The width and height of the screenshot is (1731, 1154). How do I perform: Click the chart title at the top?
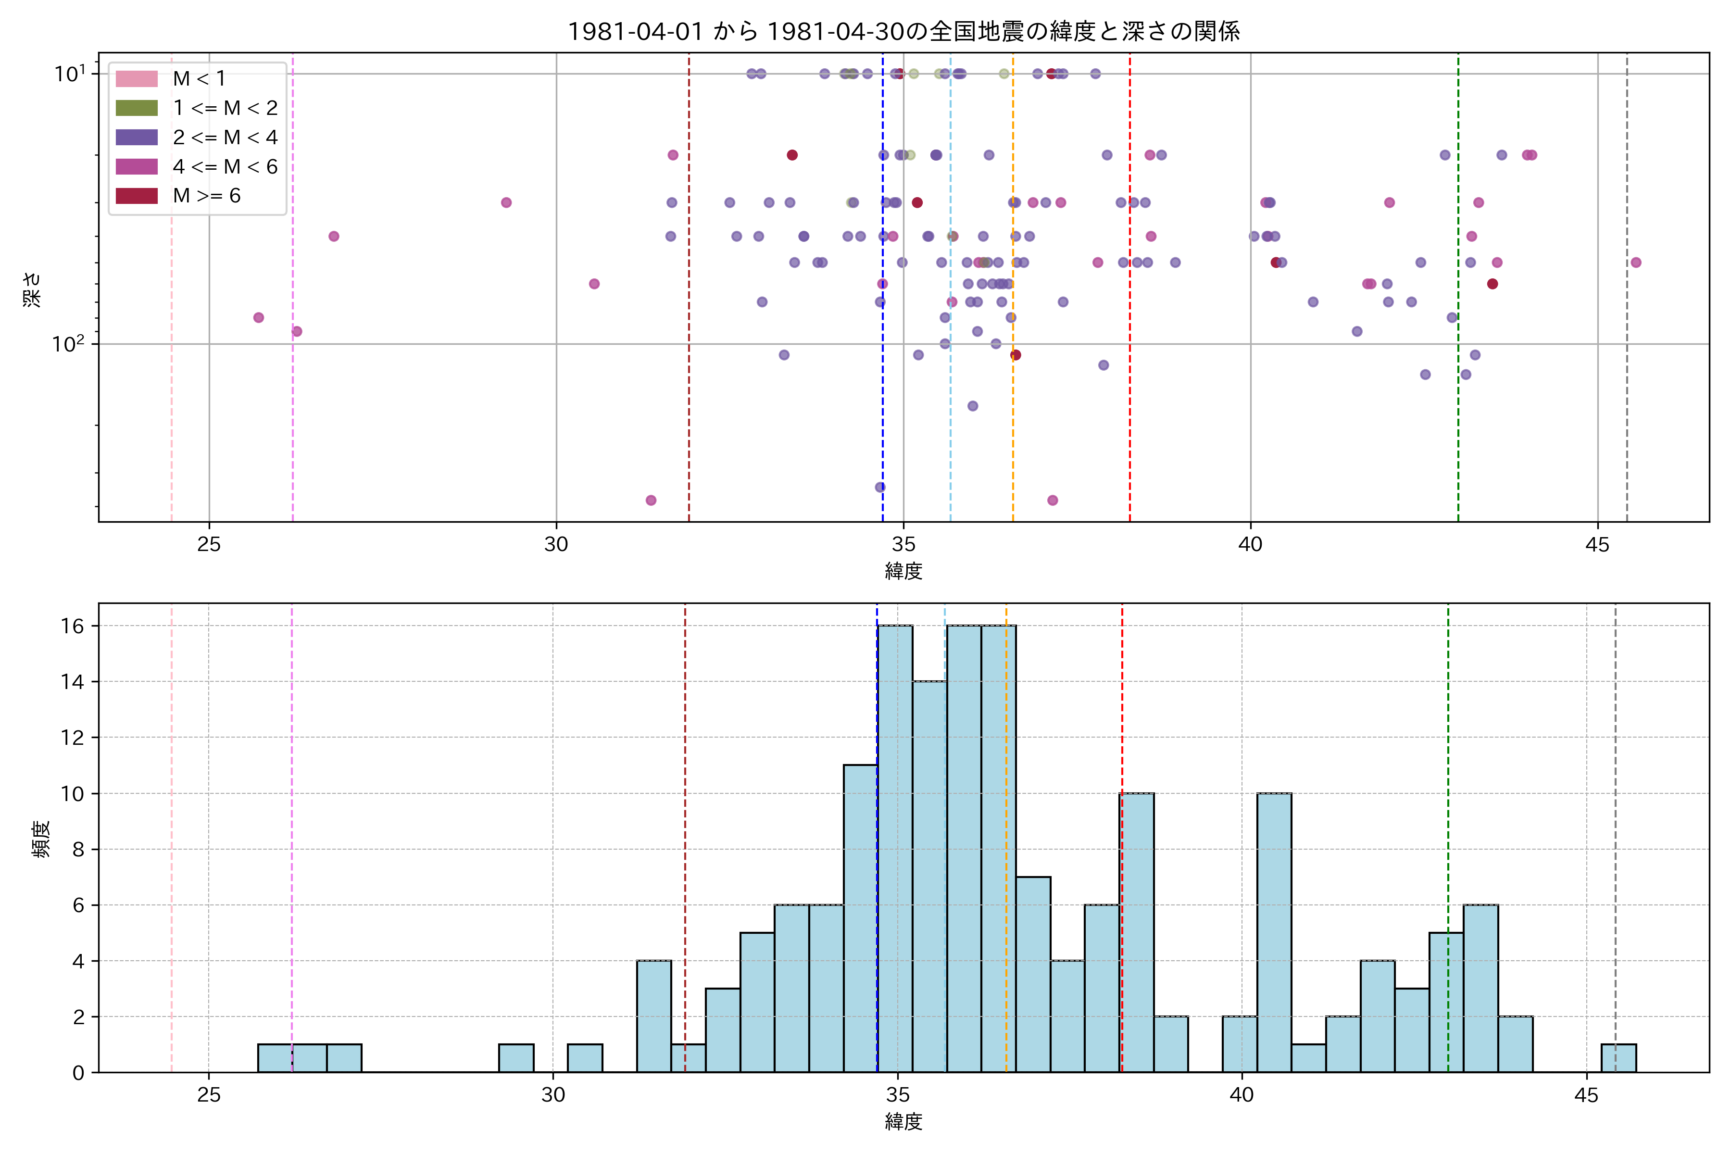click(903, 31)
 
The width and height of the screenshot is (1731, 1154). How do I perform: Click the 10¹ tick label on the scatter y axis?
click(69, 74)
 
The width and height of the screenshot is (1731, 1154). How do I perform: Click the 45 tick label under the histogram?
click(1586, 1096)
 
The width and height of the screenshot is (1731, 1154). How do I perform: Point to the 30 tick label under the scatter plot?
click(556, 545)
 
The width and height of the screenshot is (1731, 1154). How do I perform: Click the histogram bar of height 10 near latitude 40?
click(1273, 932)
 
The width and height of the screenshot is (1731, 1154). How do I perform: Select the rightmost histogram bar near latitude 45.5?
click(1618, 1058)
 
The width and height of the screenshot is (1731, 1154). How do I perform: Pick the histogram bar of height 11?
click(860, 918)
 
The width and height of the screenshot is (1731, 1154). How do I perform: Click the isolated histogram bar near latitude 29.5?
click(516, 1058)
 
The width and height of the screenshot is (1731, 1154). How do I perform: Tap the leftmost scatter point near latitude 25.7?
click(258, 318)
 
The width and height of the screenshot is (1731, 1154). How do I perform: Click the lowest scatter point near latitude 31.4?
click(651, 501)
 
